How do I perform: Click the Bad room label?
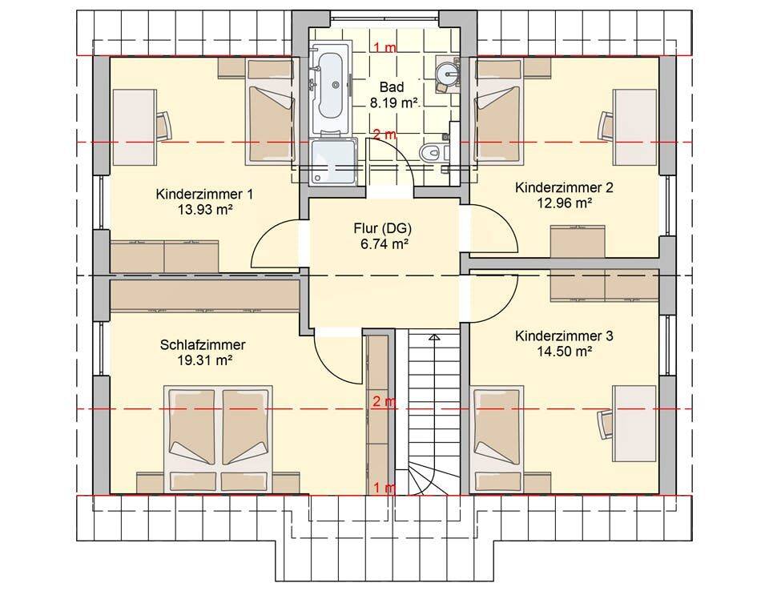point(392,87)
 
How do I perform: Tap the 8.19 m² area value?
point(393,103)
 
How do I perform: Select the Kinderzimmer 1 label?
point(204,195)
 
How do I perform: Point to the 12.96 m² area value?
point(564,203)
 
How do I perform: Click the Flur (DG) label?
point(382,228)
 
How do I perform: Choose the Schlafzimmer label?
point(203,345)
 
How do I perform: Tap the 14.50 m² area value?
point(564,352)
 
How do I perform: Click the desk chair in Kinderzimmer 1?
point(163,125)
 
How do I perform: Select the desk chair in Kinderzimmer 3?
point(605,422)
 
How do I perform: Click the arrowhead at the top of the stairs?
point(433,337)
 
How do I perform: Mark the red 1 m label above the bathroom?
point(385,47)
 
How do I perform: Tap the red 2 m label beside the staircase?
point(384,402)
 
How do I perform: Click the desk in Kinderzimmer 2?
point(635,127)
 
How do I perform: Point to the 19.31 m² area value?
point(204,360)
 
